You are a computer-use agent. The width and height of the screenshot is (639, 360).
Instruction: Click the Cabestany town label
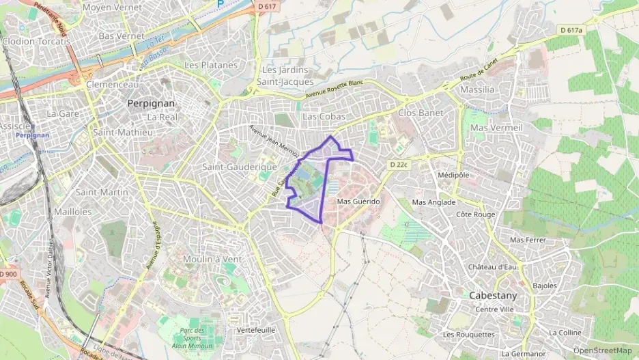tap(492, 296)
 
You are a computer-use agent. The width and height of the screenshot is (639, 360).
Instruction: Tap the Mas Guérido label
tap(358, 202)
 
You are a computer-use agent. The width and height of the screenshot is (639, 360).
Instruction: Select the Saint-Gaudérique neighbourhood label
tap(239, 167)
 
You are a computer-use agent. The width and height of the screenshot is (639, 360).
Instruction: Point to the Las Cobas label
tap(324, 116)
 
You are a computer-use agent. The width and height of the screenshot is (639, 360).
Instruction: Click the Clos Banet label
tap(421, 113)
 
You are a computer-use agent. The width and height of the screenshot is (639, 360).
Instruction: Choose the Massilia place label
tap(477, 89)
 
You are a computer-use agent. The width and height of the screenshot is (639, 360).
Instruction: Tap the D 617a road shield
tap(571, 30)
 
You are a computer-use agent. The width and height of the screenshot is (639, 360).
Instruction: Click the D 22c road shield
tap(399, 165)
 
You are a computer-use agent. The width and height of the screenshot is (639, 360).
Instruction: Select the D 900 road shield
tap(8, 274)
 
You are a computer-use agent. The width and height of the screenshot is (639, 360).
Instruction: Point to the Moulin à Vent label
tap(212, 259)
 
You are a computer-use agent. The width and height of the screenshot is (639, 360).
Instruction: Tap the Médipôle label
tap(453, 174)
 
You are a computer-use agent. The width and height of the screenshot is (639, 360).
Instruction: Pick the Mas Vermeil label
tap(496, 128)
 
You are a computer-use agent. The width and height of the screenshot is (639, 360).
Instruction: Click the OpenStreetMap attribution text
tap(602, 350)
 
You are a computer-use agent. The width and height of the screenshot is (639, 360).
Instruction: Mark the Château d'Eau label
tap(492, 266)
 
